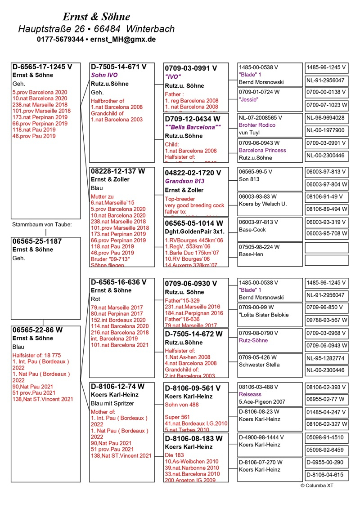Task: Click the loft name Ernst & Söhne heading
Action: point(96,17)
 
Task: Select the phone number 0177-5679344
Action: point(60,40)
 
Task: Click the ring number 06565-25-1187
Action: point(37,241)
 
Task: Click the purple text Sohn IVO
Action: point(104,75)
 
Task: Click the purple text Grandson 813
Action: point(184,181)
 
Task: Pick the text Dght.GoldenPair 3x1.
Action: point(194,231)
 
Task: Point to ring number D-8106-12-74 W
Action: point(117,386)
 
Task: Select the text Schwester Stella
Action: point(259,365)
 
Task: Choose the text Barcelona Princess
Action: point(262,150)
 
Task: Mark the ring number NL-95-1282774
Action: point(325,359)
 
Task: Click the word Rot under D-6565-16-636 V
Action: point(95,299)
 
